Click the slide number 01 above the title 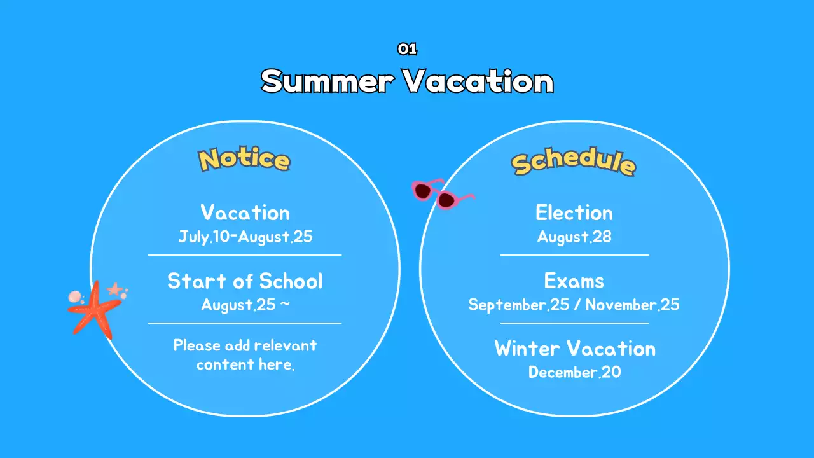pyautogui.click(x=407, y=49)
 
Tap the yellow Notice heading pyautogui.click(x=244, y=159)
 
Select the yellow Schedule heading pyautogui.click(x=574, y=162)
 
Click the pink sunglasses pyautogui.click(x=442, y=194)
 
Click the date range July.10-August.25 pyautogui.click(x=245, y=237)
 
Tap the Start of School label pyautogui.click(x=245, y=281)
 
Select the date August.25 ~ pyautogui.click(x=245, y=305)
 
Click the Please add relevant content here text pyautogui.click(x=245, y=355)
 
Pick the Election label pyautogui.click(x=574, y=212)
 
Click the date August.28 pyautogui.click(x=574, y=237)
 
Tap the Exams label pyautogui.click(x=574, y=281)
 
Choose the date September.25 pyautogui.click(x=518, y=305)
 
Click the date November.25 pyautogui.click(x=632, y=305)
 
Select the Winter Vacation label pyautogui.click(x=575, y=349)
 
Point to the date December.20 pyautogui.click(x=574, y=372)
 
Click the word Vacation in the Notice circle pyautogui.click(x=245, y=212)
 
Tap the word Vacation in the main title pyautogui.click(x=478, y=81)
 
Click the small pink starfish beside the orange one pyautogui.click(x=114, y=289)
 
